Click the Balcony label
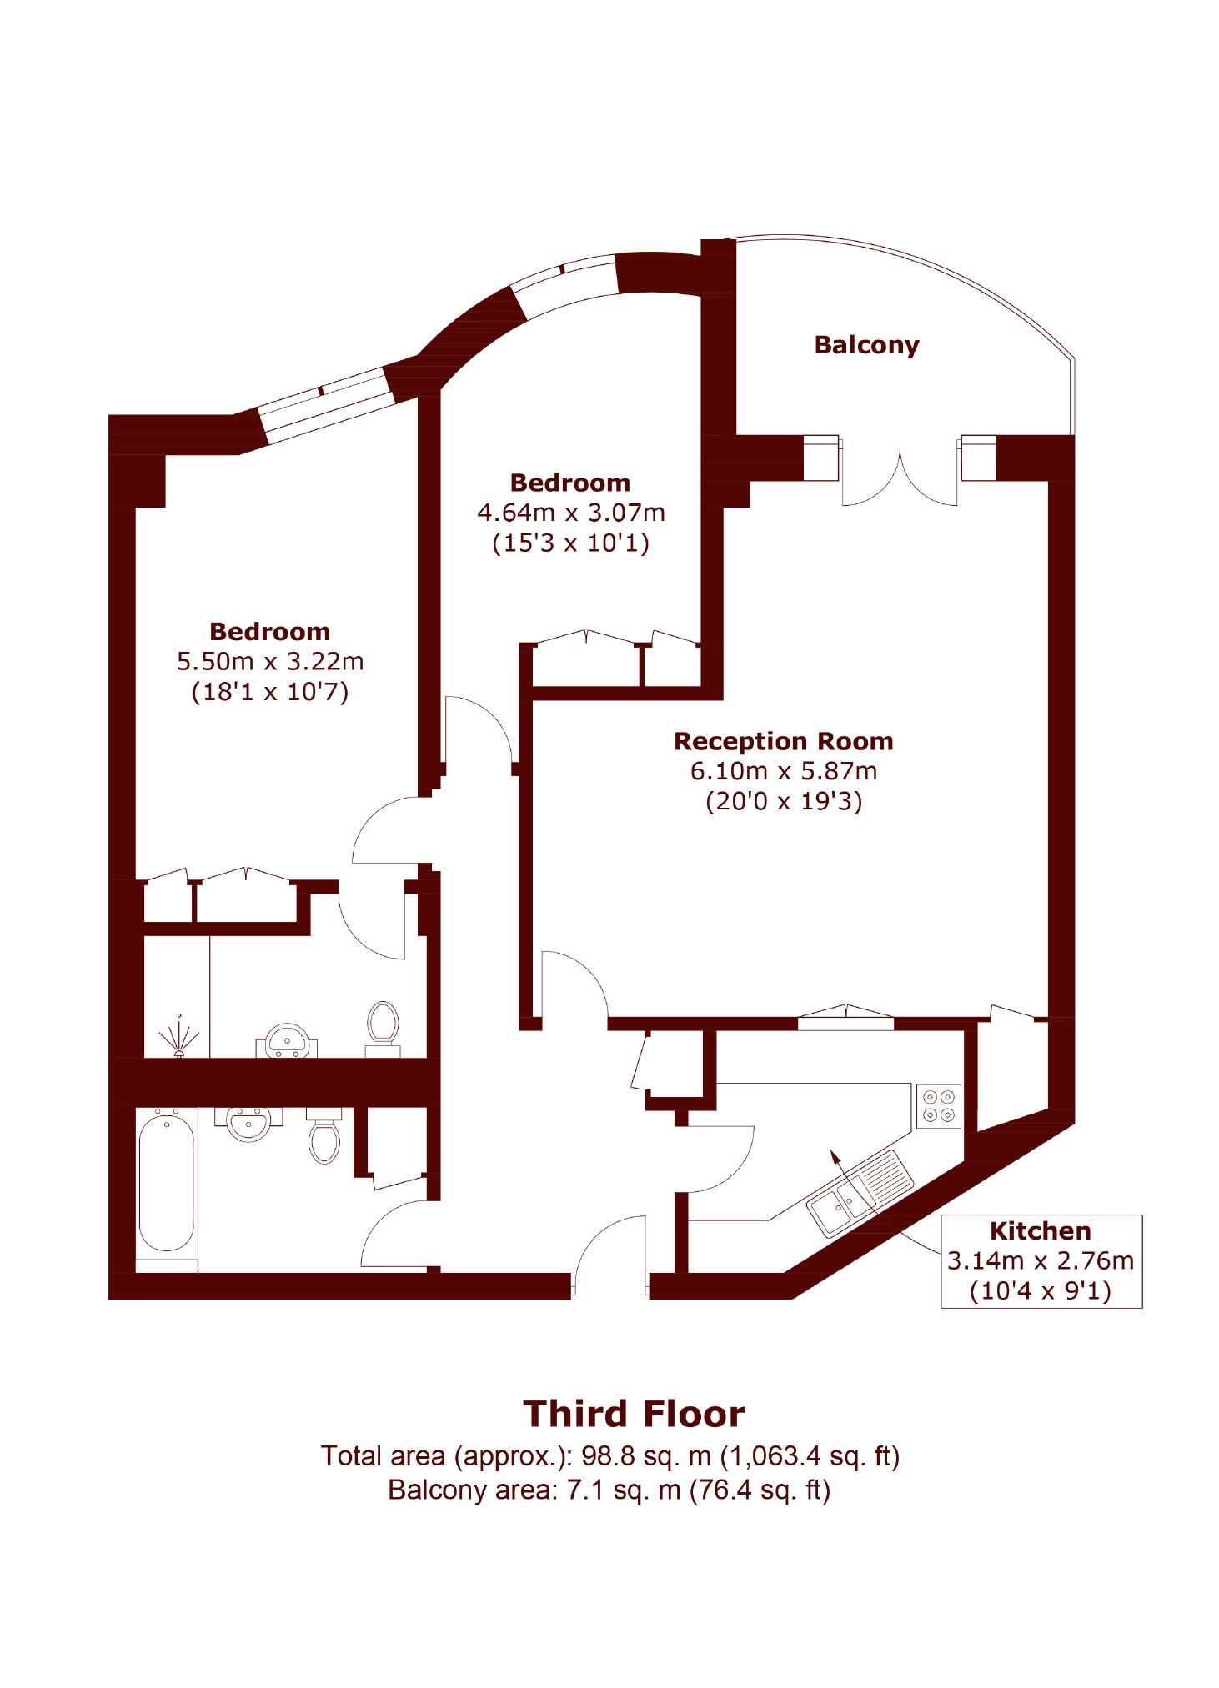(x=865, y=345)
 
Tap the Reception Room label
(x=783, y=741)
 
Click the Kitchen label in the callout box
(x=1040, y=1231)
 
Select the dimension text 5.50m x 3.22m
(x=270, y=662)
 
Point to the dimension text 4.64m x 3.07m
(x=570, y=513)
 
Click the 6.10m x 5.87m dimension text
(x=783, y=771)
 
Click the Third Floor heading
(x=634, y=1415)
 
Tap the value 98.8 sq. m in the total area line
(x=645, y=1456)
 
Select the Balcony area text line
(x=609, y=1490)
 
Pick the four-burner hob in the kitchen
(x=938, y=1106)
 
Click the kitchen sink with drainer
(x=860, y=1195)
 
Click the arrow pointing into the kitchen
(x=835, y=1158)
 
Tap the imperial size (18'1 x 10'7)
(x=270, y=692)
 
